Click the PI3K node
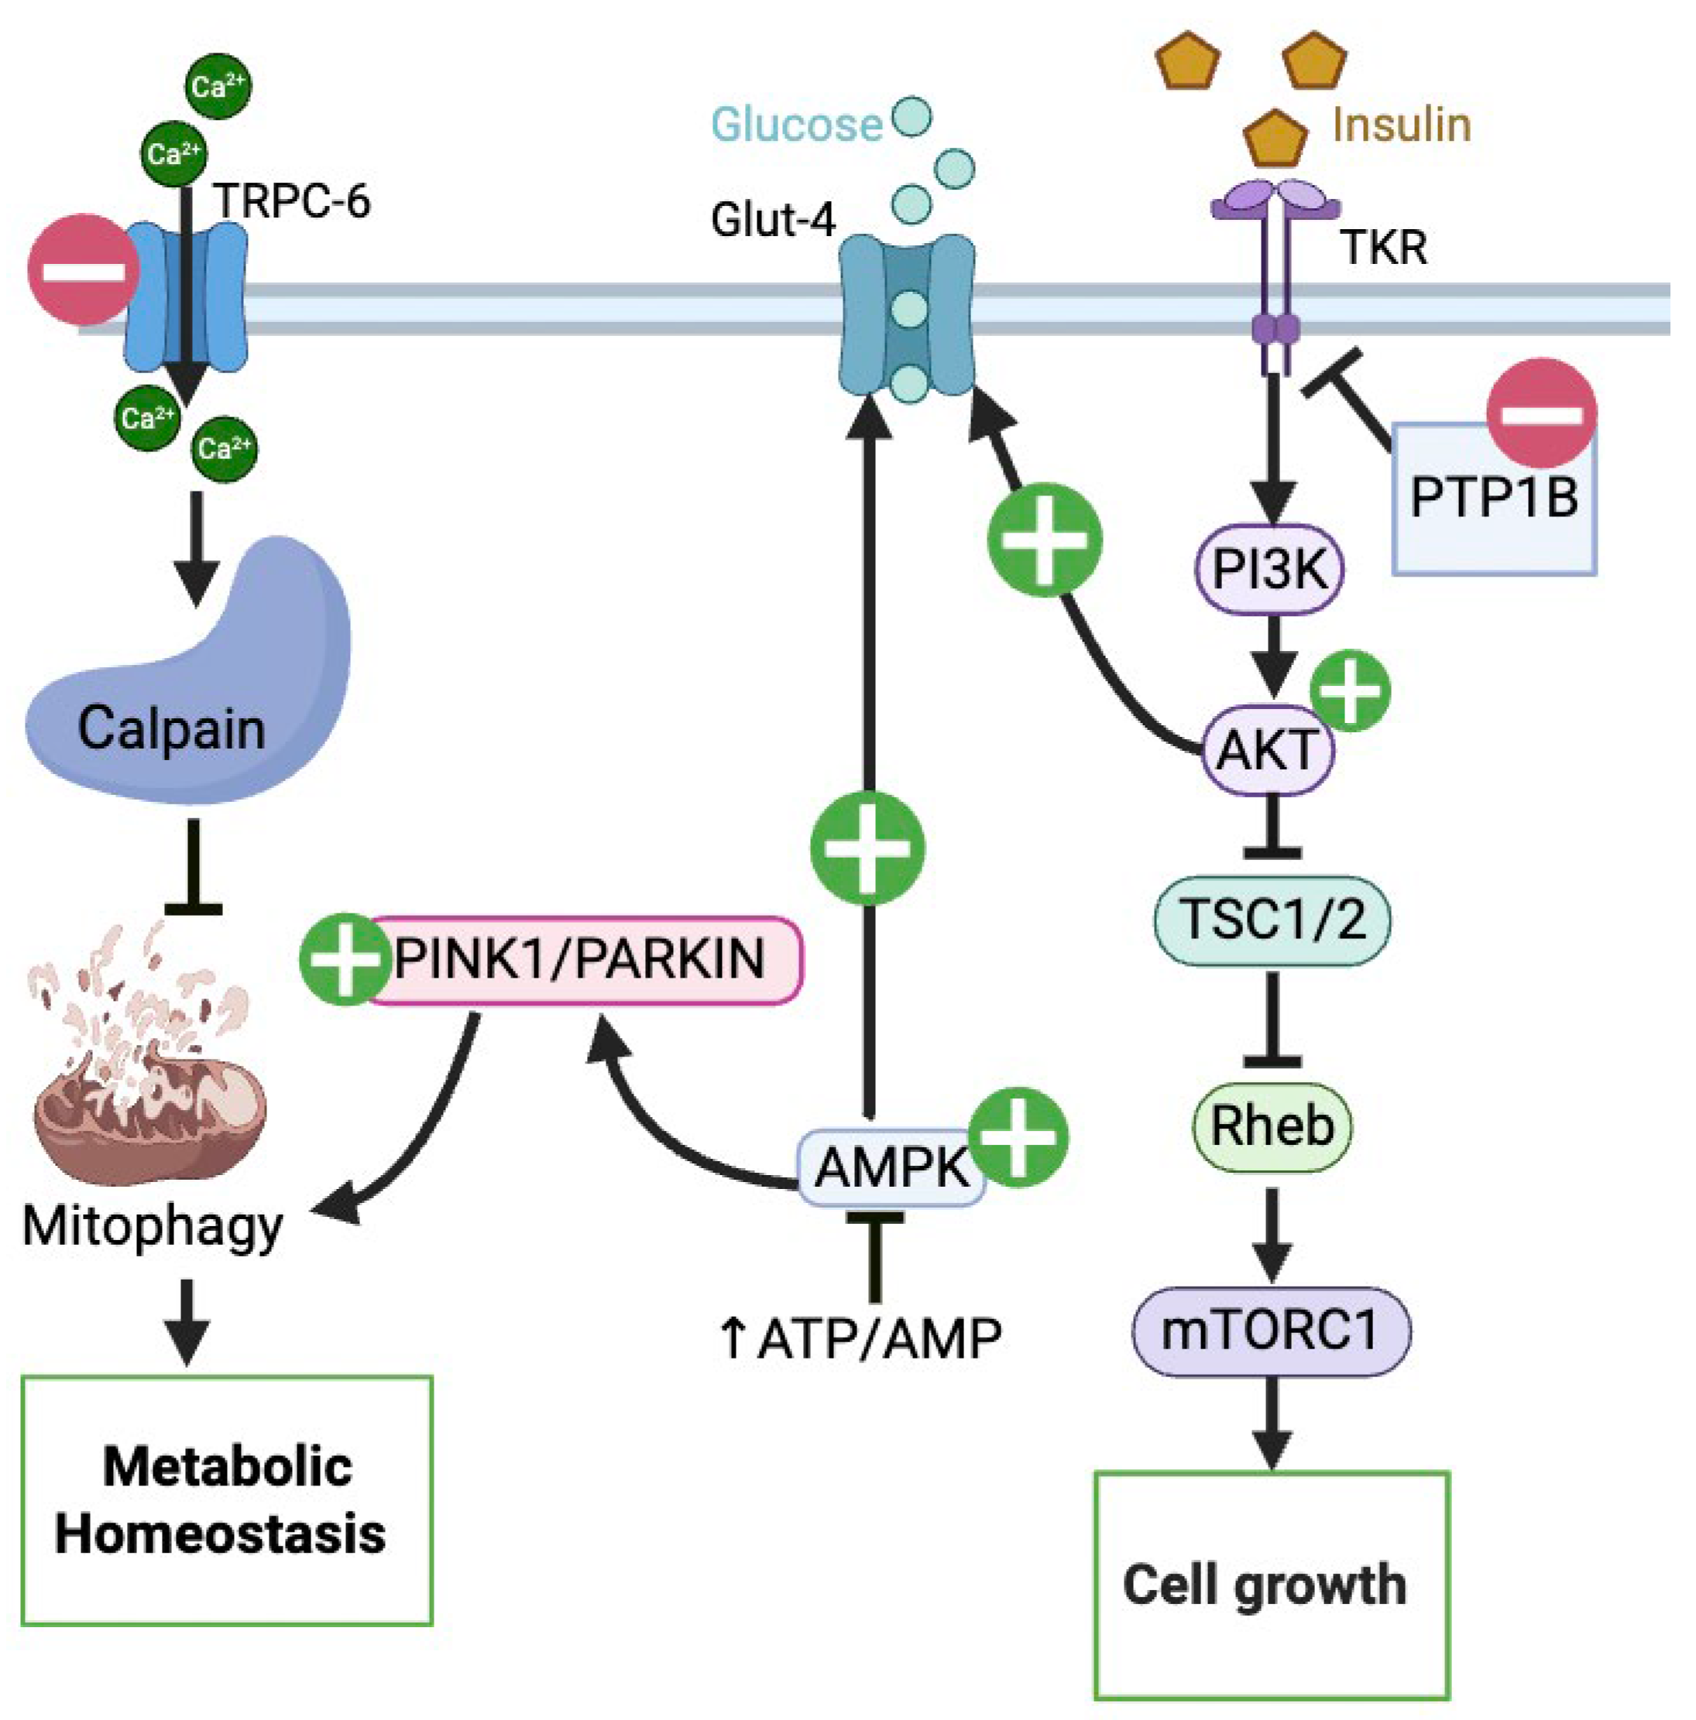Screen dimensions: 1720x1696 (1269, 568)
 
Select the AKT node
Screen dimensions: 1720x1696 (1269, 749)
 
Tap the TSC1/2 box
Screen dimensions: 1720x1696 (1272, 919)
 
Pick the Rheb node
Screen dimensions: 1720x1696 (1272, 1126)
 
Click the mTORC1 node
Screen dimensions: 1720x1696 (1270, 1331)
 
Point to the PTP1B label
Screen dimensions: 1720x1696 (1493, 497)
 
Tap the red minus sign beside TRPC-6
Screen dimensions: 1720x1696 (83, 269)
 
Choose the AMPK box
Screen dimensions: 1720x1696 (891, 1167)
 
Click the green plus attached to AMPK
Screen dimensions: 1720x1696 (1018, 1138)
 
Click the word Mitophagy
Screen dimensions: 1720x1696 (153, 1227)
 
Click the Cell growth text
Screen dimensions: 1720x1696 (1265, 1585)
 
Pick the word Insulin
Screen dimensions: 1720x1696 (1400, 125)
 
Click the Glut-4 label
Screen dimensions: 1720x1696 (772, 219)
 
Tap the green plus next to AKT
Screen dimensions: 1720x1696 (1351, 690)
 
